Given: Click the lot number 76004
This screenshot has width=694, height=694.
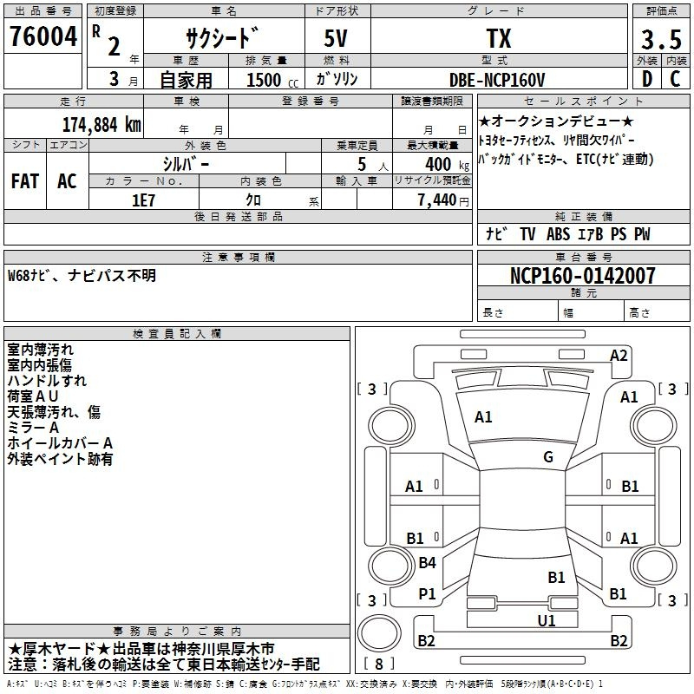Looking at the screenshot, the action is (43, 36).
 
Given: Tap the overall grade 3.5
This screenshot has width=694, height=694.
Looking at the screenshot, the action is (661, 39).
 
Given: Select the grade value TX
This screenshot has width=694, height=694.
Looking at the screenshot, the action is (499, 38).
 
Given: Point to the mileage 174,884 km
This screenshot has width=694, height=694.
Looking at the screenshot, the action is (101, 124).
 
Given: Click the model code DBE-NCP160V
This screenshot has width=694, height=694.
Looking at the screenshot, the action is (497, 80).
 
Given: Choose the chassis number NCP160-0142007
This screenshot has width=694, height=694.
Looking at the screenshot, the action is (582, 275).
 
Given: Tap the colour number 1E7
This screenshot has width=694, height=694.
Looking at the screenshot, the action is (143, 200).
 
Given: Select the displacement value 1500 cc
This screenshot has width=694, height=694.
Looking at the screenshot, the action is (272, 80).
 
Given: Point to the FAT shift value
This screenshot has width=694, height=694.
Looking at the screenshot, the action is (25, 181).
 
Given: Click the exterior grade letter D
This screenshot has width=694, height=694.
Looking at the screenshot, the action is (647, 79).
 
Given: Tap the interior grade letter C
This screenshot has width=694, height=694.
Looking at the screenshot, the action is (675, 79).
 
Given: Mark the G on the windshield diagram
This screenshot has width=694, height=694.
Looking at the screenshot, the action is (548, 456).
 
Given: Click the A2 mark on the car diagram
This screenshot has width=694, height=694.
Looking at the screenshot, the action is (619, 356).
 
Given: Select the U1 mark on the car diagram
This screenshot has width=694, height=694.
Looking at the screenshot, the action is (547, 621).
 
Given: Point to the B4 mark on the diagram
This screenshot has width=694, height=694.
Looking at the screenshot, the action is (427, 562).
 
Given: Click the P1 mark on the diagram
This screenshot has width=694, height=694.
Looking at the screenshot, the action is (427, 594).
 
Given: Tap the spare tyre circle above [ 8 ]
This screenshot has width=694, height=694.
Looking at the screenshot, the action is (379, 633).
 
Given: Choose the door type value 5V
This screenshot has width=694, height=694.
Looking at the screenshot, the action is (336, 38).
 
